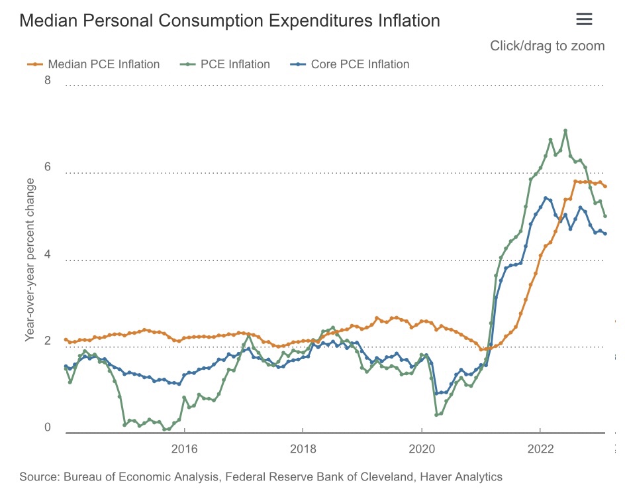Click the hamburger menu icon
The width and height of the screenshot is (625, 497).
[x=583, y=19]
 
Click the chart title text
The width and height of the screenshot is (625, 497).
[x=230, y=21]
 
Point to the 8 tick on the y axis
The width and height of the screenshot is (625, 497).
[x=48, y=81]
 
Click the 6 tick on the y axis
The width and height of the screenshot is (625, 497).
[x=48, y=168]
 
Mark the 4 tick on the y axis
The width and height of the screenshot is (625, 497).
[x=48, y=256]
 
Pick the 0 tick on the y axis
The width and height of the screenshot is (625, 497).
[x=48, y=427]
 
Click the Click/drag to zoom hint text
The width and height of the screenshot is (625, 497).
[x=547, y=46]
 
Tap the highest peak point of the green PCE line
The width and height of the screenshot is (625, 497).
[x=565, y=131]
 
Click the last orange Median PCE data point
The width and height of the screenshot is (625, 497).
[x=605, y=186]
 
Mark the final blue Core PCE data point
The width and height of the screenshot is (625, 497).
[x=605, y=233]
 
